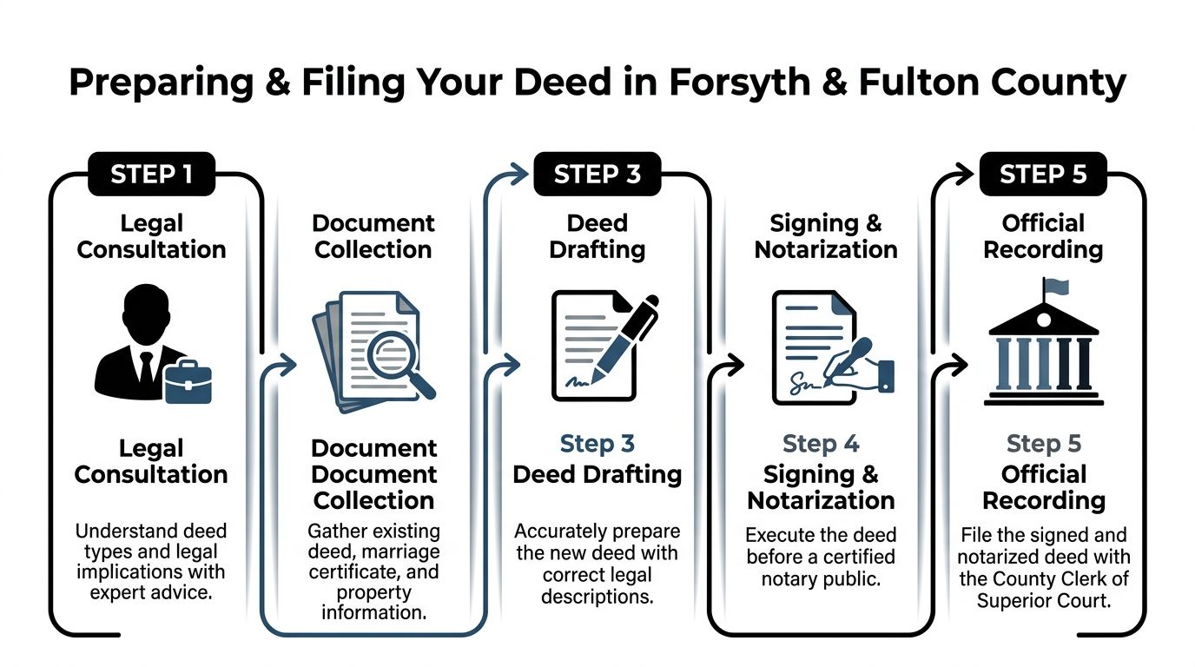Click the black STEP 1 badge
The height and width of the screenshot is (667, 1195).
tap(151, 174)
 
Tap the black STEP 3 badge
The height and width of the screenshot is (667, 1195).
tap(597, 174)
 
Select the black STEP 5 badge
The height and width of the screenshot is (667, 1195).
tap(1044, 174)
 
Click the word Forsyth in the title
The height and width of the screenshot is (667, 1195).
tap(740, 83)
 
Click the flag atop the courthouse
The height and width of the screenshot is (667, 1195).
tap(1056, 287)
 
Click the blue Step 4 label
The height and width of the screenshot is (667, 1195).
tap(821, 444)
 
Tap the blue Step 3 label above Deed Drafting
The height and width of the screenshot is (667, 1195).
tap(597, 444)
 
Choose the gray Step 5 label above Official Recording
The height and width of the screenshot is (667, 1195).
tap(1044, 444)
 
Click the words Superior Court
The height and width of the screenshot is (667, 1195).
tap(1044, 601)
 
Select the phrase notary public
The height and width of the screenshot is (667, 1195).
tap(821, 579)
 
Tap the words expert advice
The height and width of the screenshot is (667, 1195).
tap(151, 592)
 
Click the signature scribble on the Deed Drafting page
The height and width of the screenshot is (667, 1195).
tap(578, 381)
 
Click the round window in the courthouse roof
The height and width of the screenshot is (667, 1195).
tap(1044, 320)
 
